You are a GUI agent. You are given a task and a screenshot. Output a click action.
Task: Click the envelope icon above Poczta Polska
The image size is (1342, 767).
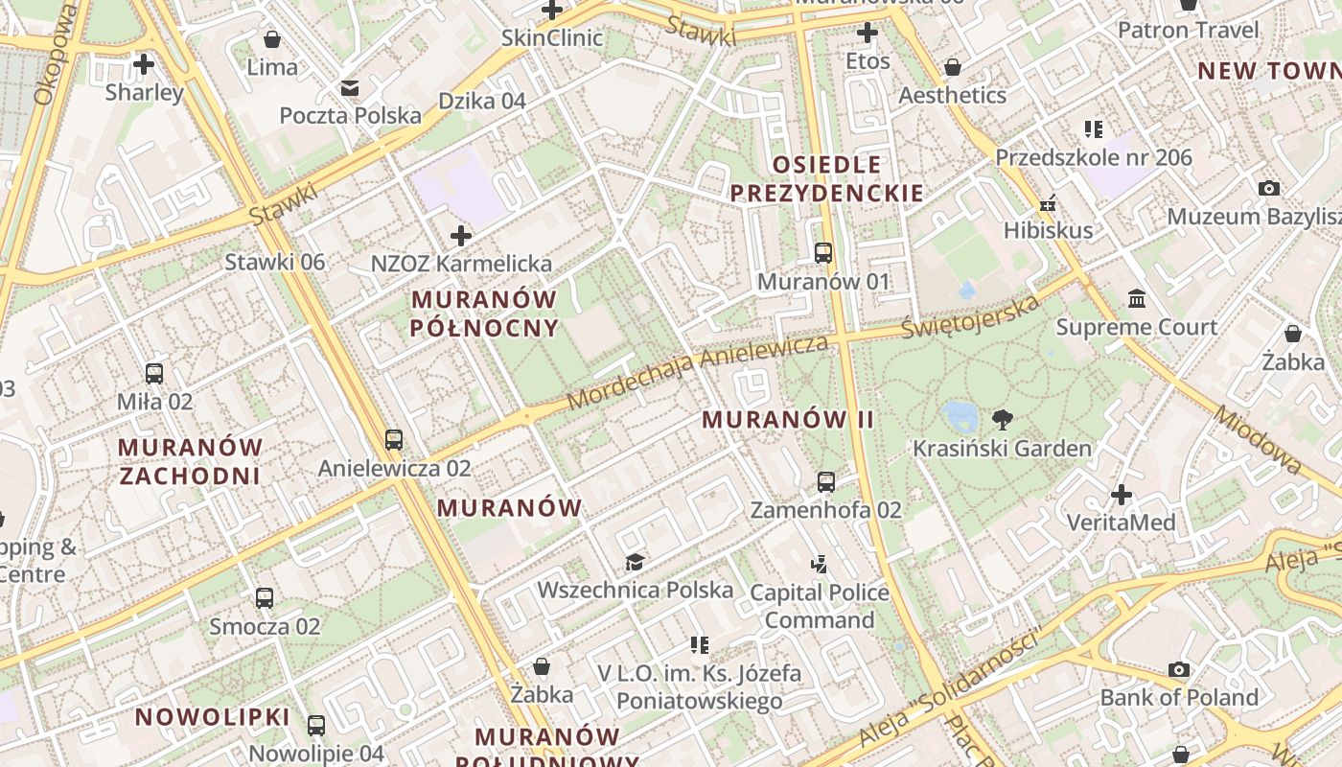click(x=350, y=88)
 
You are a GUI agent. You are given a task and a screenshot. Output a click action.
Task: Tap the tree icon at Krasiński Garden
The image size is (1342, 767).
click(x=1003, y=419)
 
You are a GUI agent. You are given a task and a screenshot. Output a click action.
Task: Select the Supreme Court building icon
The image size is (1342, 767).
click(x=1138, y=299)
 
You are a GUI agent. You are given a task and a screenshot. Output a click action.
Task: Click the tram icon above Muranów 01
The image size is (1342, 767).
click(x=823, y=253)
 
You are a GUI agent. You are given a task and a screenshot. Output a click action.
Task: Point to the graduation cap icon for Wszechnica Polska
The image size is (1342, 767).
click(x=635, y=561)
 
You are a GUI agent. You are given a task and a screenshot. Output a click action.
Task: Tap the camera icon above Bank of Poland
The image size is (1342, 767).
click(x=1179, y=669)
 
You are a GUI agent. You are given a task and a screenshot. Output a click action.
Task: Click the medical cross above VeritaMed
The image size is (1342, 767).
click(x=1122, y=495)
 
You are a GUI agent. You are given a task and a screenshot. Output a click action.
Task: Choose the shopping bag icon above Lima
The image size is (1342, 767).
click(x=272, y=39)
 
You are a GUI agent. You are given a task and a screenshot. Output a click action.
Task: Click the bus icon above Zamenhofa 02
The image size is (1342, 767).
click(x=826, y=481)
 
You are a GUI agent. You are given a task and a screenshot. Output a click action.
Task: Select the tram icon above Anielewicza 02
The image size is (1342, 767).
click(x=394, y=440)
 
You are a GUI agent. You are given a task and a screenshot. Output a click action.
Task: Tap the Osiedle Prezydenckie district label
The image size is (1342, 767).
click(x=826, y=178)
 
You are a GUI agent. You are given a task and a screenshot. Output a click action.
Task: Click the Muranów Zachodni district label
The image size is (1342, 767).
click(x=190, y=461)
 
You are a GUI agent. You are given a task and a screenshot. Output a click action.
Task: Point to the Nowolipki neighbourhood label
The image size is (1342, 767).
click(x=212, y=716)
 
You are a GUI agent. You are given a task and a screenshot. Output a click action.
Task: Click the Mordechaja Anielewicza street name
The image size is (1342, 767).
click(x=697, y=372)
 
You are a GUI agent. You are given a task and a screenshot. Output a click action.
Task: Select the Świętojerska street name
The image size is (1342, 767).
click(x=970, y=316)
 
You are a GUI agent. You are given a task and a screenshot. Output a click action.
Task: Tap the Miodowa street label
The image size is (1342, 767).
click(x=1259, y=439)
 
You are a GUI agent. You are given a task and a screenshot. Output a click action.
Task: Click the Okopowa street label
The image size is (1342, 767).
click(x=55, y=56)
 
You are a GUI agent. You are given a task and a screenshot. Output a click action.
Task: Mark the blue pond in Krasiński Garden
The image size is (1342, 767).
click(x=960, y=415)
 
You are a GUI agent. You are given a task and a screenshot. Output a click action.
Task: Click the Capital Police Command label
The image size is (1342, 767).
click(x=820, y=606)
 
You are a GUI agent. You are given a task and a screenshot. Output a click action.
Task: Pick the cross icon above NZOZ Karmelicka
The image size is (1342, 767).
click(x=461, y=235)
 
